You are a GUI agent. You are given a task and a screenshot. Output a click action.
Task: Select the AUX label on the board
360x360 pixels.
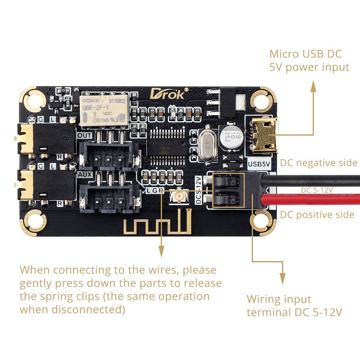(x=85, y=174)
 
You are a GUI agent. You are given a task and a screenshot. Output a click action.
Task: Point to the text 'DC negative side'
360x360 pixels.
(x=319, y=163)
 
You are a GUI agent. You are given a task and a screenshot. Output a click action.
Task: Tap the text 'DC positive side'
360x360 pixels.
(x=317, y=215)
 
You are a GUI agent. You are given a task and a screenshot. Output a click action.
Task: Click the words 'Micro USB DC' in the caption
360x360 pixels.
(x=305, y=54)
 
